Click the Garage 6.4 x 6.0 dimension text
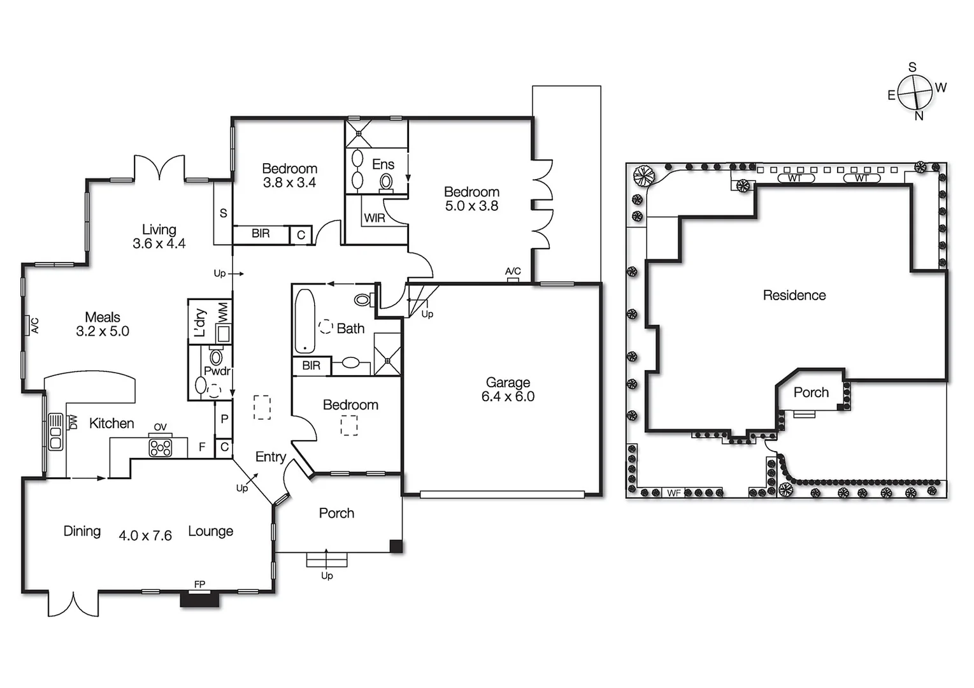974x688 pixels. (508, 397)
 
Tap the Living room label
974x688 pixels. (159, 229)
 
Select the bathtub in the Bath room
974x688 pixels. (304, 320)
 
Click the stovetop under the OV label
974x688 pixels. (160, 448)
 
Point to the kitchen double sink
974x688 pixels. (55, 433)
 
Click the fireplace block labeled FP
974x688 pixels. (199, 599)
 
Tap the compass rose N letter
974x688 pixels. (919, 116)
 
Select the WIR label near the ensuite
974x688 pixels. (375, 218)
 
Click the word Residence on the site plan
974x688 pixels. (794, 295)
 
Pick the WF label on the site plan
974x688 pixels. (674, 492)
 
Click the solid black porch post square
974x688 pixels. (396, 546)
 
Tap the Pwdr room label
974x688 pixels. (217, 371)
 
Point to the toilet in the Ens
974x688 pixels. (386, 182)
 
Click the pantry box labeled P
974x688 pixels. (224, 419)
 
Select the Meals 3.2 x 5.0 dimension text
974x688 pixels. (103, 331)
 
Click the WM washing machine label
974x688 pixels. (223, 312)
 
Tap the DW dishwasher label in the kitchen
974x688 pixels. (73, 422)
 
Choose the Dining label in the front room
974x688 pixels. (82, 531)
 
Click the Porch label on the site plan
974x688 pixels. (811, 392)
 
